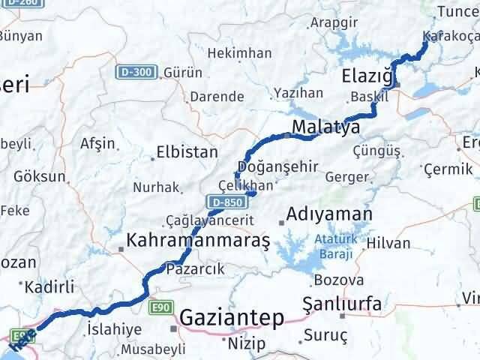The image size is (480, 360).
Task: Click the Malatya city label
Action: click(325, 127)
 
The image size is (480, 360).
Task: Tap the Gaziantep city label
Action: click(233, 318)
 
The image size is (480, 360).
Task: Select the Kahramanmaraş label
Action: click(198, 241)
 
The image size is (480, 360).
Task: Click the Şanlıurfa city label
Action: click(341, 304)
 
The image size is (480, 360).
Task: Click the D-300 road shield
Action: click(136, 72)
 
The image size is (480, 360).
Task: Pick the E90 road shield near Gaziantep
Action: click(160, 307)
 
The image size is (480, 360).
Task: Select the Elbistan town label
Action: click(187, 151)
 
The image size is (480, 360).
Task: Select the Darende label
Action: click(217, 97)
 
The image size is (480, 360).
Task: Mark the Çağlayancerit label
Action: click(211, 221)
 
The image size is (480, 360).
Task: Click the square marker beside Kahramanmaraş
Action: click(122, 247)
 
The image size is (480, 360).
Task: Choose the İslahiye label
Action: click(114, 329)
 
